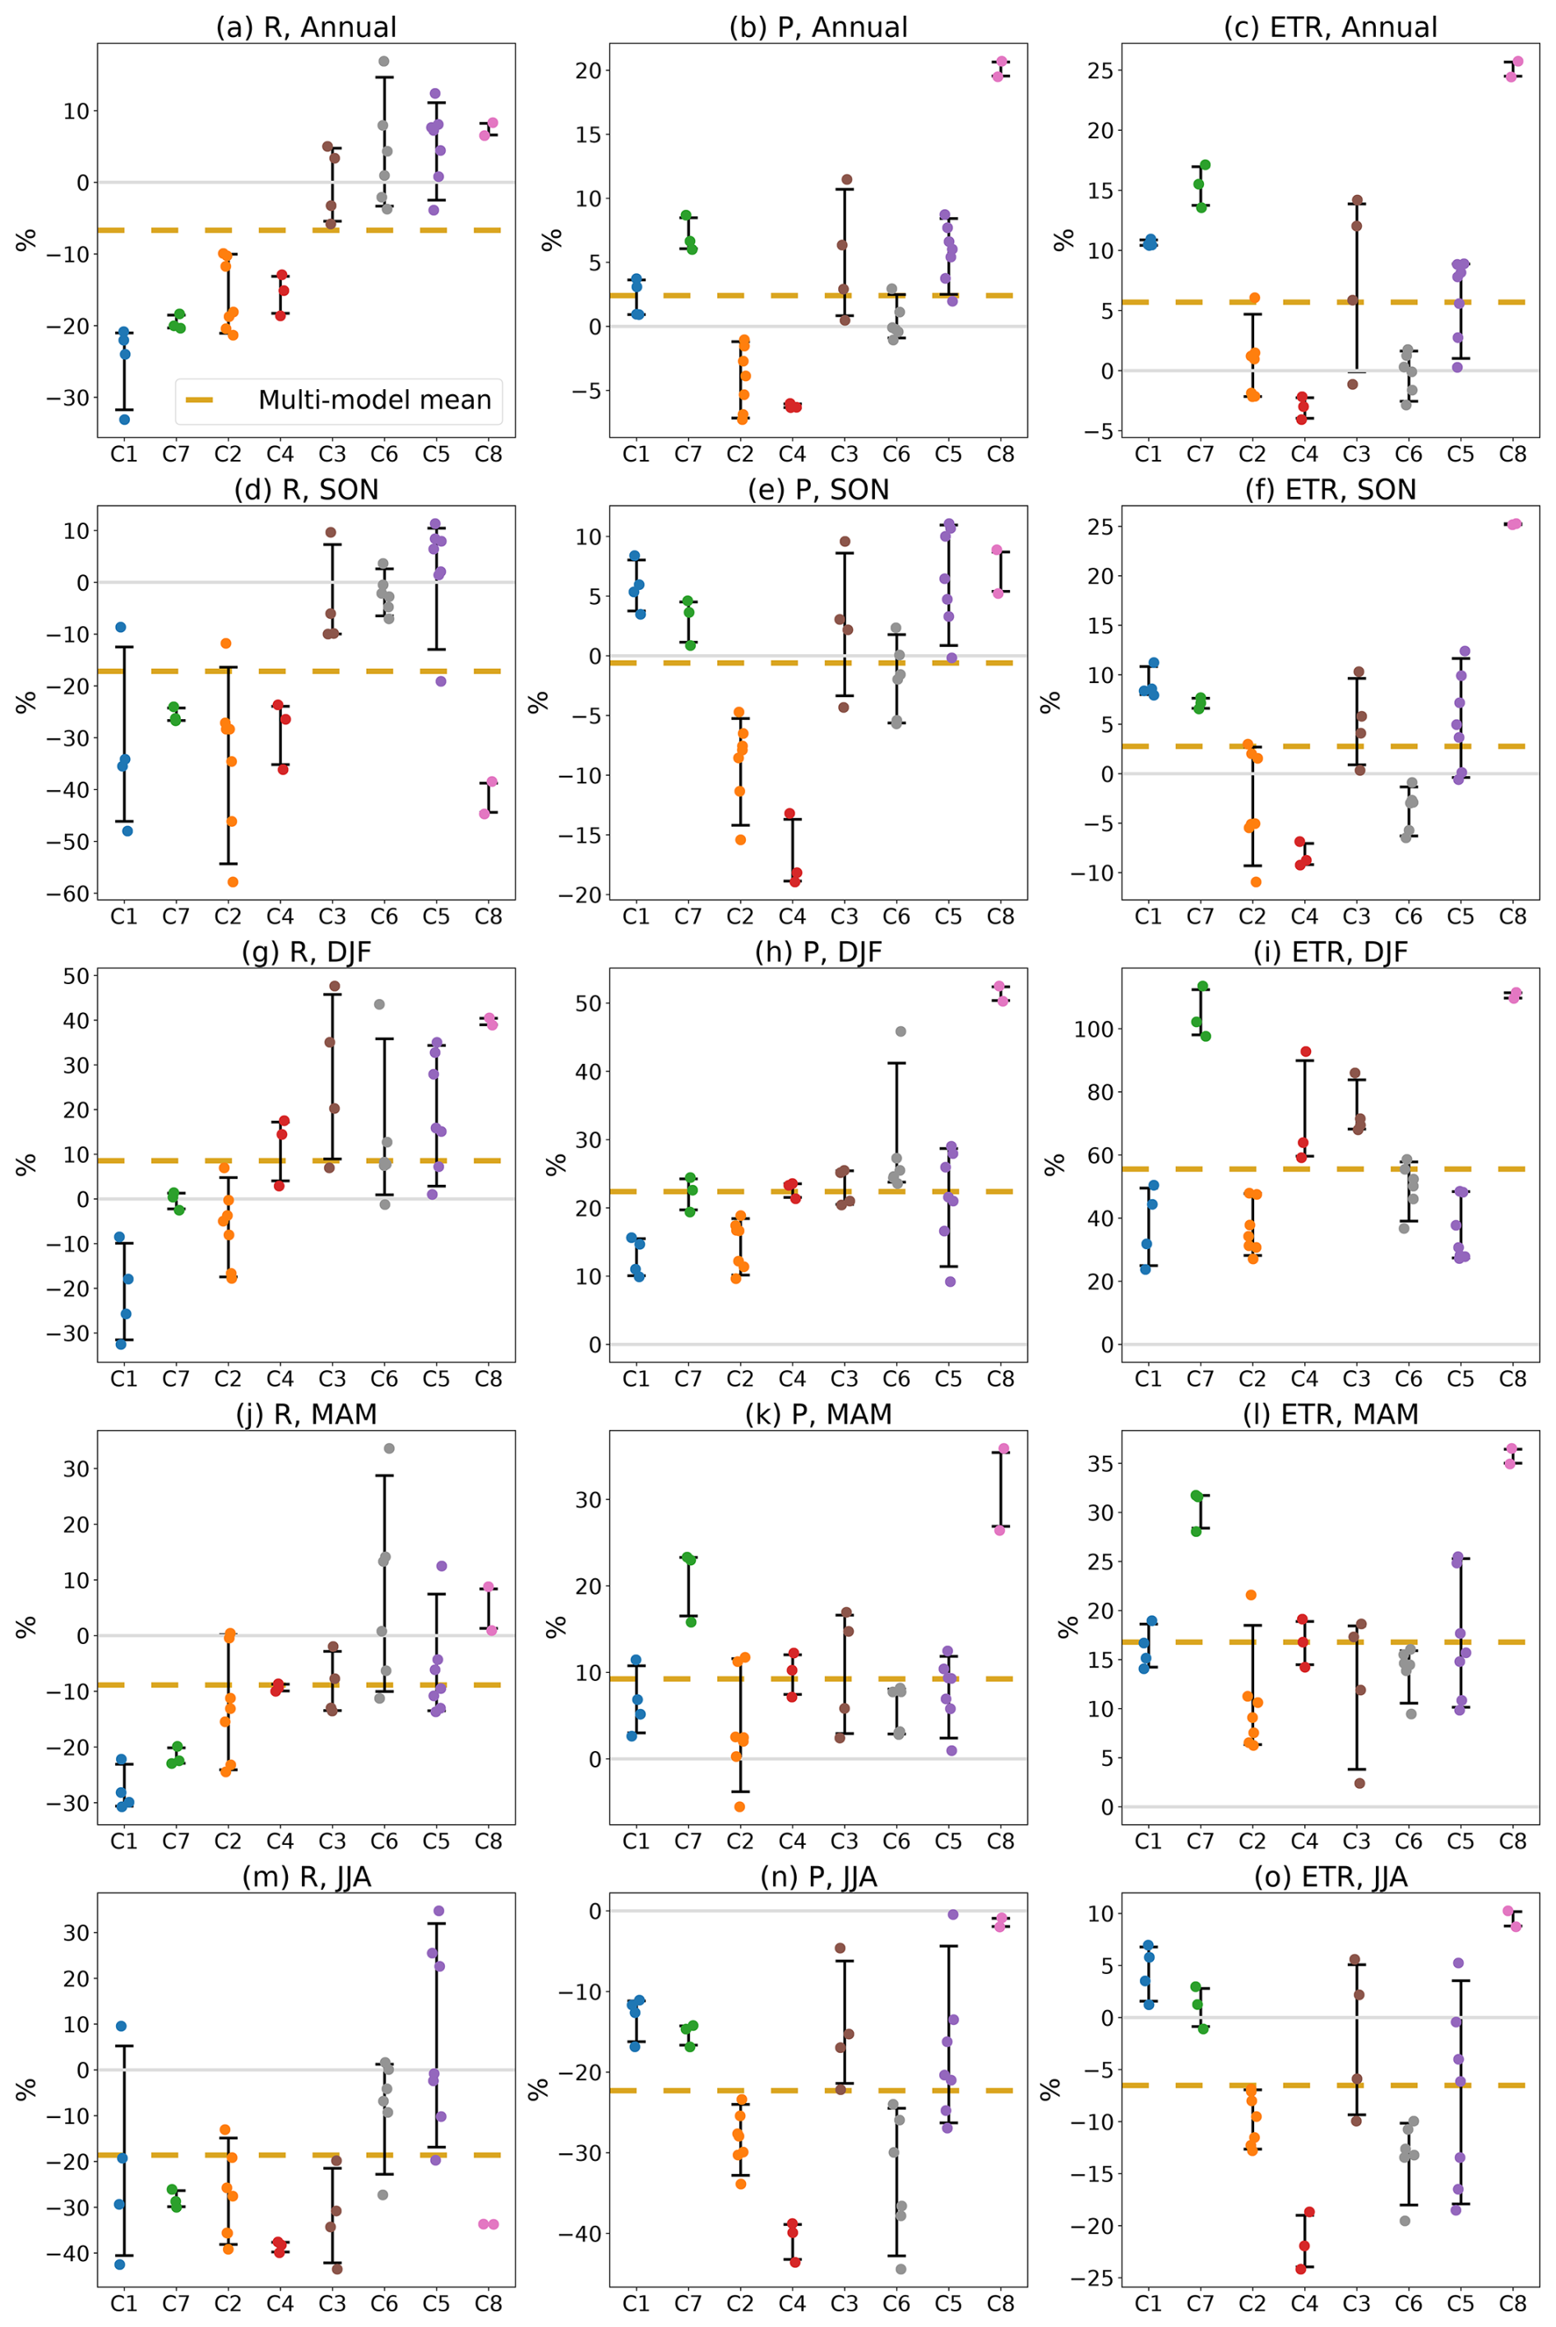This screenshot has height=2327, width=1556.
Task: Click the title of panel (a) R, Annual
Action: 306,27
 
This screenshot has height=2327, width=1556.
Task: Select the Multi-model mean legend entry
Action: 337,400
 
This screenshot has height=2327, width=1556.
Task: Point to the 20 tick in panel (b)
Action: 587,71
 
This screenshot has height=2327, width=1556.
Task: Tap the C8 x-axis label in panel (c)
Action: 1512,455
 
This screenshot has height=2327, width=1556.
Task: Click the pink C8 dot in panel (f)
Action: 1514,524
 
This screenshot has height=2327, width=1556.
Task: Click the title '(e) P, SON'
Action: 817,490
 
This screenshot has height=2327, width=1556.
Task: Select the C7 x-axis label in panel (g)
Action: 176,1379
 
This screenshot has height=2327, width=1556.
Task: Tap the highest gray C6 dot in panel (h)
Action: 900,1032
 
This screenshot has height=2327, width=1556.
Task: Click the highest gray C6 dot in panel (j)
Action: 389,1448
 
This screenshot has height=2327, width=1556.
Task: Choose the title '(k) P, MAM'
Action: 817,1414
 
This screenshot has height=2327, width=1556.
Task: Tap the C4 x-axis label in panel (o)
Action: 1304,2303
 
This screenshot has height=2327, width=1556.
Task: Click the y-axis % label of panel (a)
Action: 25,239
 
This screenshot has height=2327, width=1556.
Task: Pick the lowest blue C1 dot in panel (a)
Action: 124,419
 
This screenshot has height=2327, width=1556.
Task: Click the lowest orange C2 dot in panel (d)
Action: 234,881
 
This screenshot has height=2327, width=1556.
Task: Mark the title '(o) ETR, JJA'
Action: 1330,1876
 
